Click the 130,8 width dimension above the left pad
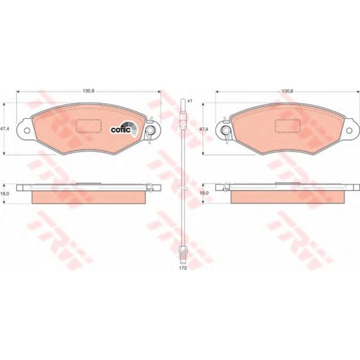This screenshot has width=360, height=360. point(88,91)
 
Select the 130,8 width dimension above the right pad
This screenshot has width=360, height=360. point(287,91)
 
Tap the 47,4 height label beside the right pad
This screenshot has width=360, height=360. point(204,129)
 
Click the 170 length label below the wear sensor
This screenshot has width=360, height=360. point(184,268)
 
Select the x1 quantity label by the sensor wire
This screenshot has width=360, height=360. point(189,101)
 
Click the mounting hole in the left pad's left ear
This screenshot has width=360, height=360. point(27,131)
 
